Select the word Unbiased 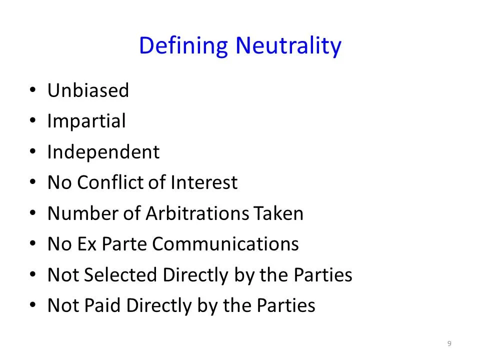[88, 90]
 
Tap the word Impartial [86, 121]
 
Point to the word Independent [103, 152]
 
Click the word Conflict [120, 182]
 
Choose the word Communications [225, 244]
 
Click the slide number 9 [449, 343]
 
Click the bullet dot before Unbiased [32, 91]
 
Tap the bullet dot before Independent [32, 152]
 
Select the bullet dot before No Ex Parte [32, 244]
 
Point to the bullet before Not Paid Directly [32, 306]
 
